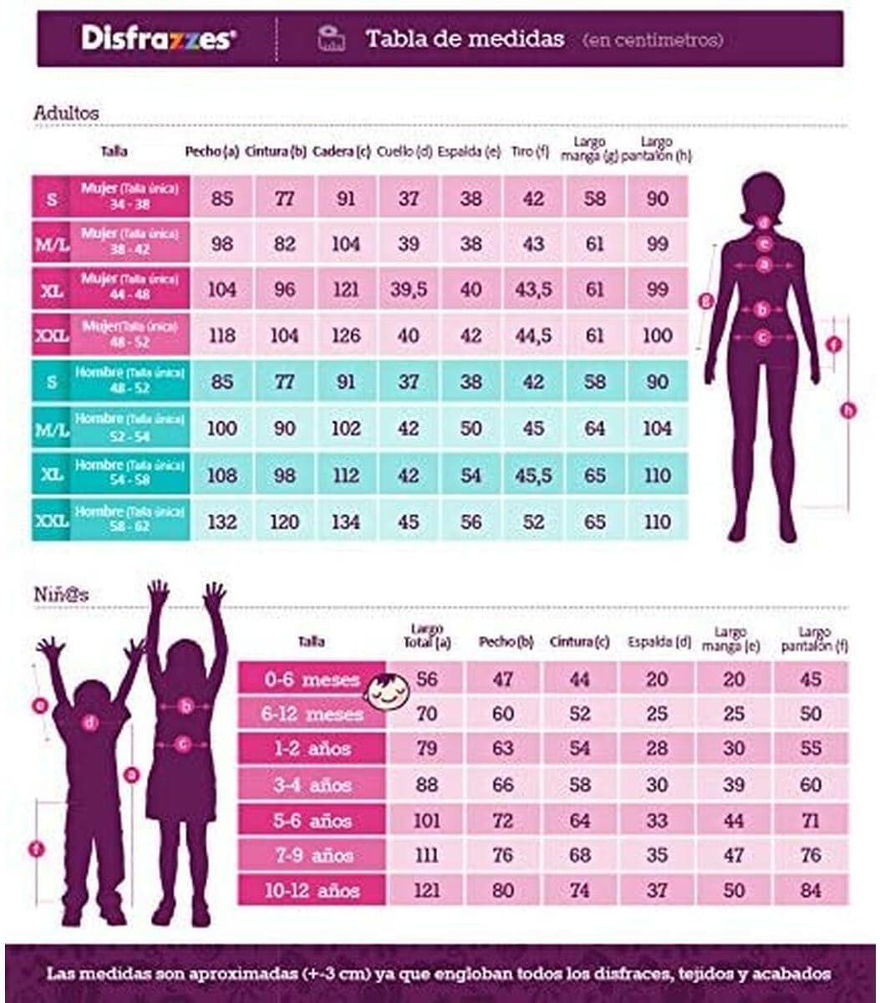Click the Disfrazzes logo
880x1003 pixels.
[x=158, y=38]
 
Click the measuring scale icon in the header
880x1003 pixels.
[x=331, y=38]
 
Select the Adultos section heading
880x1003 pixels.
[x=66, y=112]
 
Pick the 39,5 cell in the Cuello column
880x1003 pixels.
[x=409, y=289]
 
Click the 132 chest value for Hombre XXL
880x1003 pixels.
[x=221, y=521]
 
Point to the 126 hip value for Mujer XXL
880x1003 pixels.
[x=346, y=335]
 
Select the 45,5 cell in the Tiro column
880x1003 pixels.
[x=533, y=475]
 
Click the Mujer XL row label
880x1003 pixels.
[x=130, y=289]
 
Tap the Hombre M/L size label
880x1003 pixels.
[x=52, y=429]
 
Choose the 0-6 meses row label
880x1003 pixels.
[x=312, y=679]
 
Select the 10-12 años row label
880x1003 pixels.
[x=312, y=890]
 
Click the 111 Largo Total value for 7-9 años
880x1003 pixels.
[x=426, y=855]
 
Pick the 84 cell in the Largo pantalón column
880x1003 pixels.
[x=811, y=890]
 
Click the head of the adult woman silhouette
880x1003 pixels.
[x=761, y=197]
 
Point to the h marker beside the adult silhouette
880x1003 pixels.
[x=850, y=410]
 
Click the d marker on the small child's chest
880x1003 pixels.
[x=90, y=722]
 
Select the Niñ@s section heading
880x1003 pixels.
[x=61, y=595]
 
